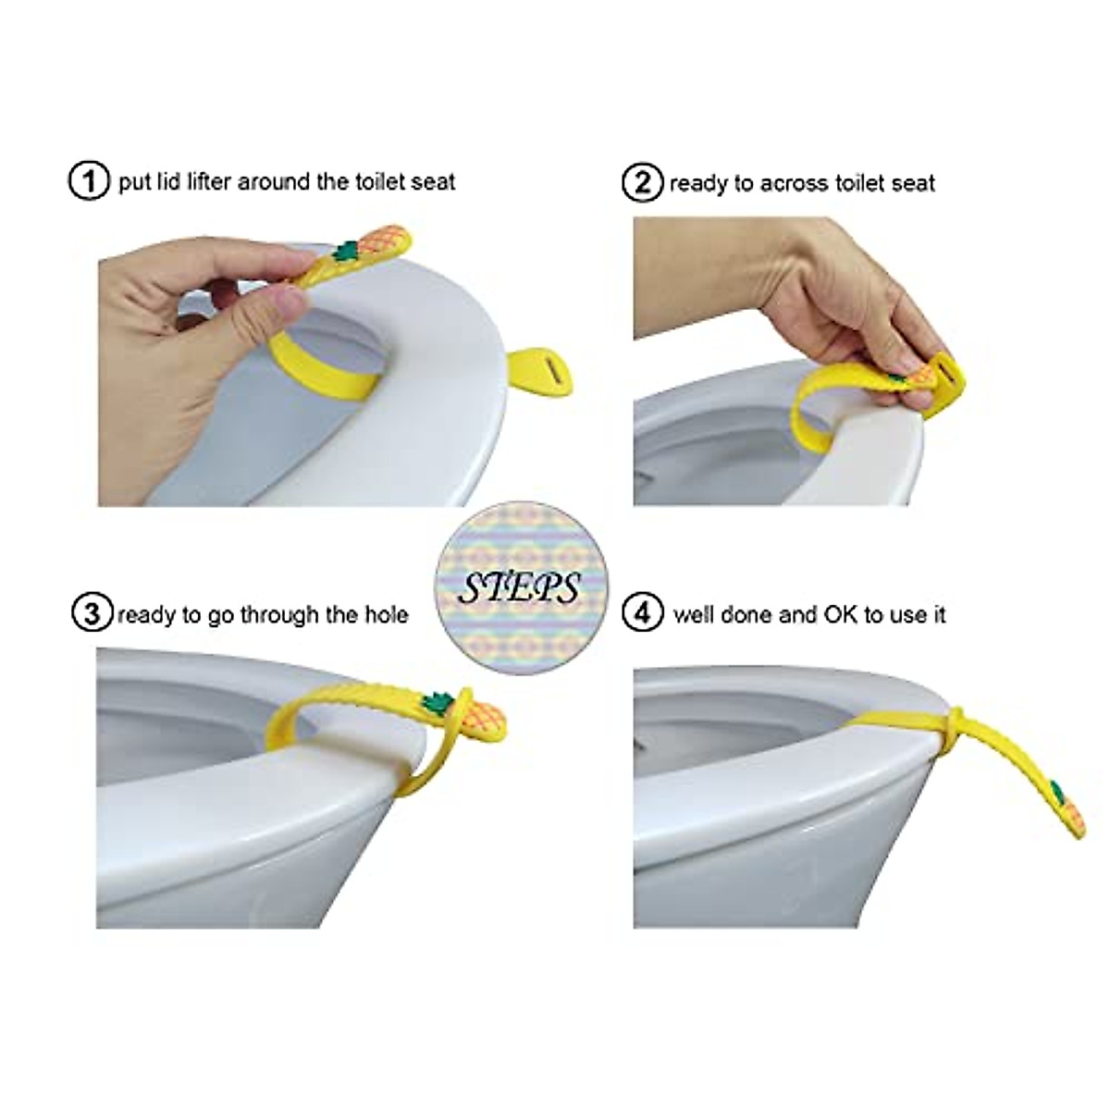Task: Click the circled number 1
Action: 90,180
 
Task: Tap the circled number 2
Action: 643,182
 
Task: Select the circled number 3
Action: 92,613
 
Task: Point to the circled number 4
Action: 643,613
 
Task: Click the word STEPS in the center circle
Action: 520,587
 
